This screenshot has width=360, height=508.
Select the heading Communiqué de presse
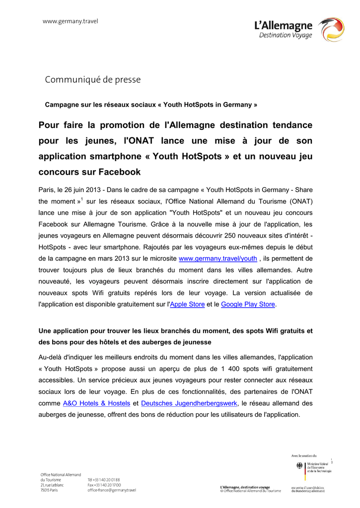[93, 79]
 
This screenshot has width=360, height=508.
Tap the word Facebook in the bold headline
[117, 172]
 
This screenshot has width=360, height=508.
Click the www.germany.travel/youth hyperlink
[217, 258]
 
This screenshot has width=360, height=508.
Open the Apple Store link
[187, 304]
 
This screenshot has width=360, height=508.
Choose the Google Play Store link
[248, 304]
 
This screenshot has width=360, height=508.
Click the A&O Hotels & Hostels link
[97, 403]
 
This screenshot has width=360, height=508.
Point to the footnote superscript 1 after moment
[81, 198]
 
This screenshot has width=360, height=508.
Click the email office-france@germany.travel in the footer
[112, 490]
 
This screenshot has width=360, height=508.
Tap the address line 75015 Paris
[49, 490]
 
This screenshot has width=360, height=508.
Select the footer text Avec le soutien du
[304, 455]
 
